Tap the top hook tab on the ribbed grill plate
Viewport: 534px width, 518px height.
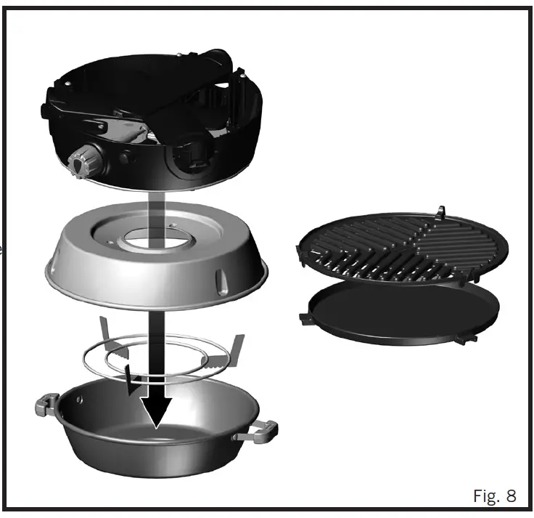440,211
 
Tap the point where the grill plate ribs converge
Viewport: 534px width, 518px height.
416,240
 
